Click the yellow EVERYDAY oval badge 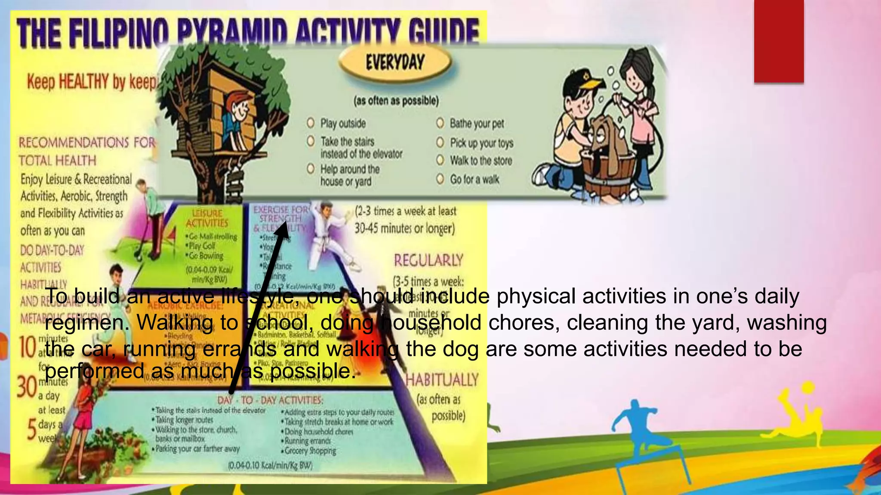tap(395, 63)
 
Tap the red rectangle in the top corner tap(779, 41)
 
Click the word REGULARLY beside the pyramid tap(428, 260)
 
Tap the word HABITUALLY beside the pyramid tap(442, 380)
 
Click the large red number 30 tap(27, 387)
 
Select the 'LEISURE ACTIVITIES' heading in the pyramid tap(207, 218)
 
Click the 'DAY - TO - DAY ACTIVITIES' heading tap(269, 400)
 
